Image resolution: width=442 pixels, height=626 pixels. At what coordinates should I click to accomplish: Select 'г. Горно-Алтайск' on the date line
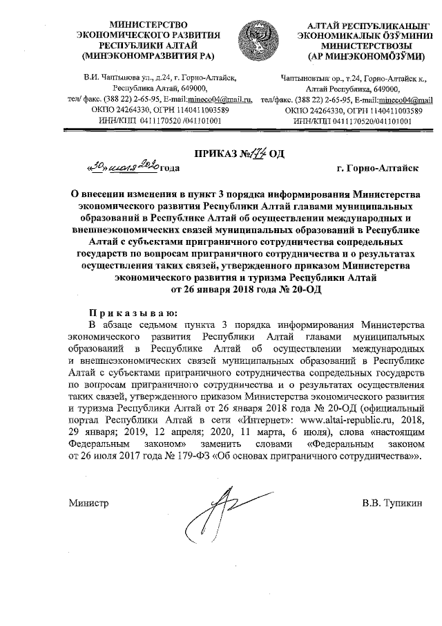376,168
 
